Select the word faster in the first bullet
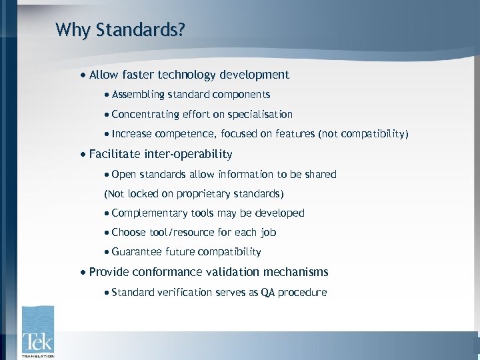pos(141,75)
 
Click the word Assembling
pos(138,95)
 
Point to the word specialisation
pos(261,115)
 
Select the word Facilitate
pos(115,155)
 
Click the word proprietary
pos(201,194)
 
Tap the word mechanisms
pos(295,272)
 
